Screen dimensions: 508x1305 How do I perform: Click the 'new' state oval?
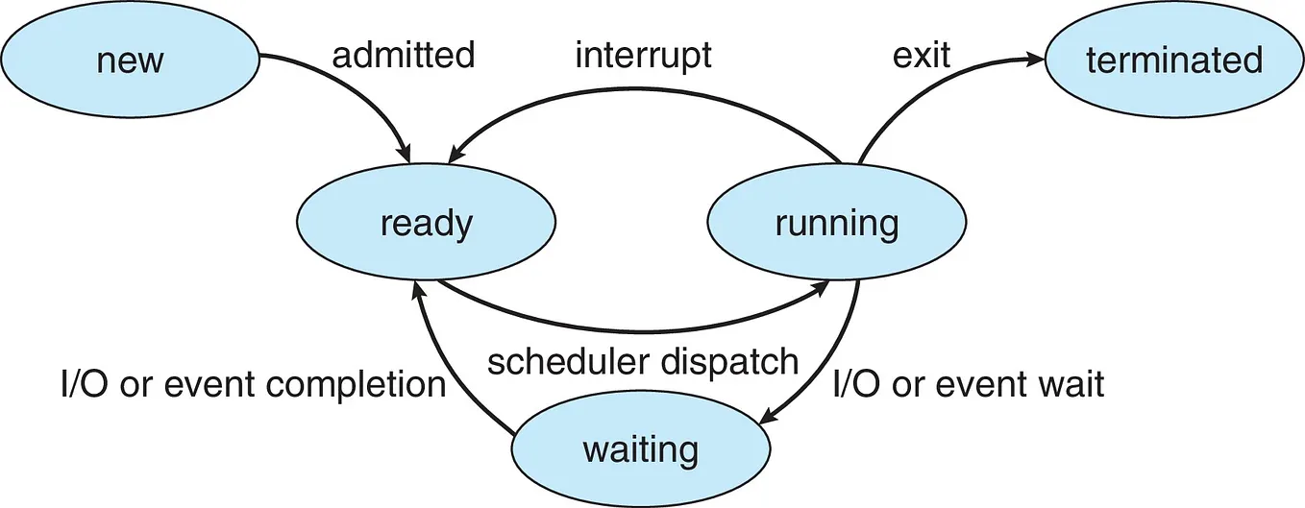130,60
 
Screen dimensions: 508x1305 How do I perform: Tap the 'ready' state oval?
427,224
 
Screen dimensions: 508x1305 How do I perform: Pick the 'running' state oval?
836,224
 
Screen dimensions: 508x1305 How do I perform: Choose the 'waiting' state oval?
640,448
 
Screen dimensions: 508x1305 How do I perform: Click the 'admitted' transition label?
403,56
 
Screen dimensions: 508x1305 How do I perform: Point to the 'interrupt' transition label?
643,56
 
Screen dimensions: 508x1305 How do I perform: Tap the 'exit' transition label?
921,56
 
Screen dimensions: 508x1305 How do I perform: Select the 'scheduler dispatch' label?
642,362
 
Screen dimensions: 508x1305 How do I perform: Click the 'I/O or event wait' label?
968,384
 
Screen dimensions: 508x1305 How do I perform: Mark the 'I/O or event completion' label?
253,384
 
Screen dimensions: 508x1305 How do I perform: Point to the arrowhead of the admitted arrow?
406,155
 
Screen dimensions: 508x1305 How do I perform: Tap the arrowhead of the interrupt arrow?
453,155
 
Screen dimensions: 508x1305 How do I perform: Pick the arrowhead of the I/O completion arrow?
417,289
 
